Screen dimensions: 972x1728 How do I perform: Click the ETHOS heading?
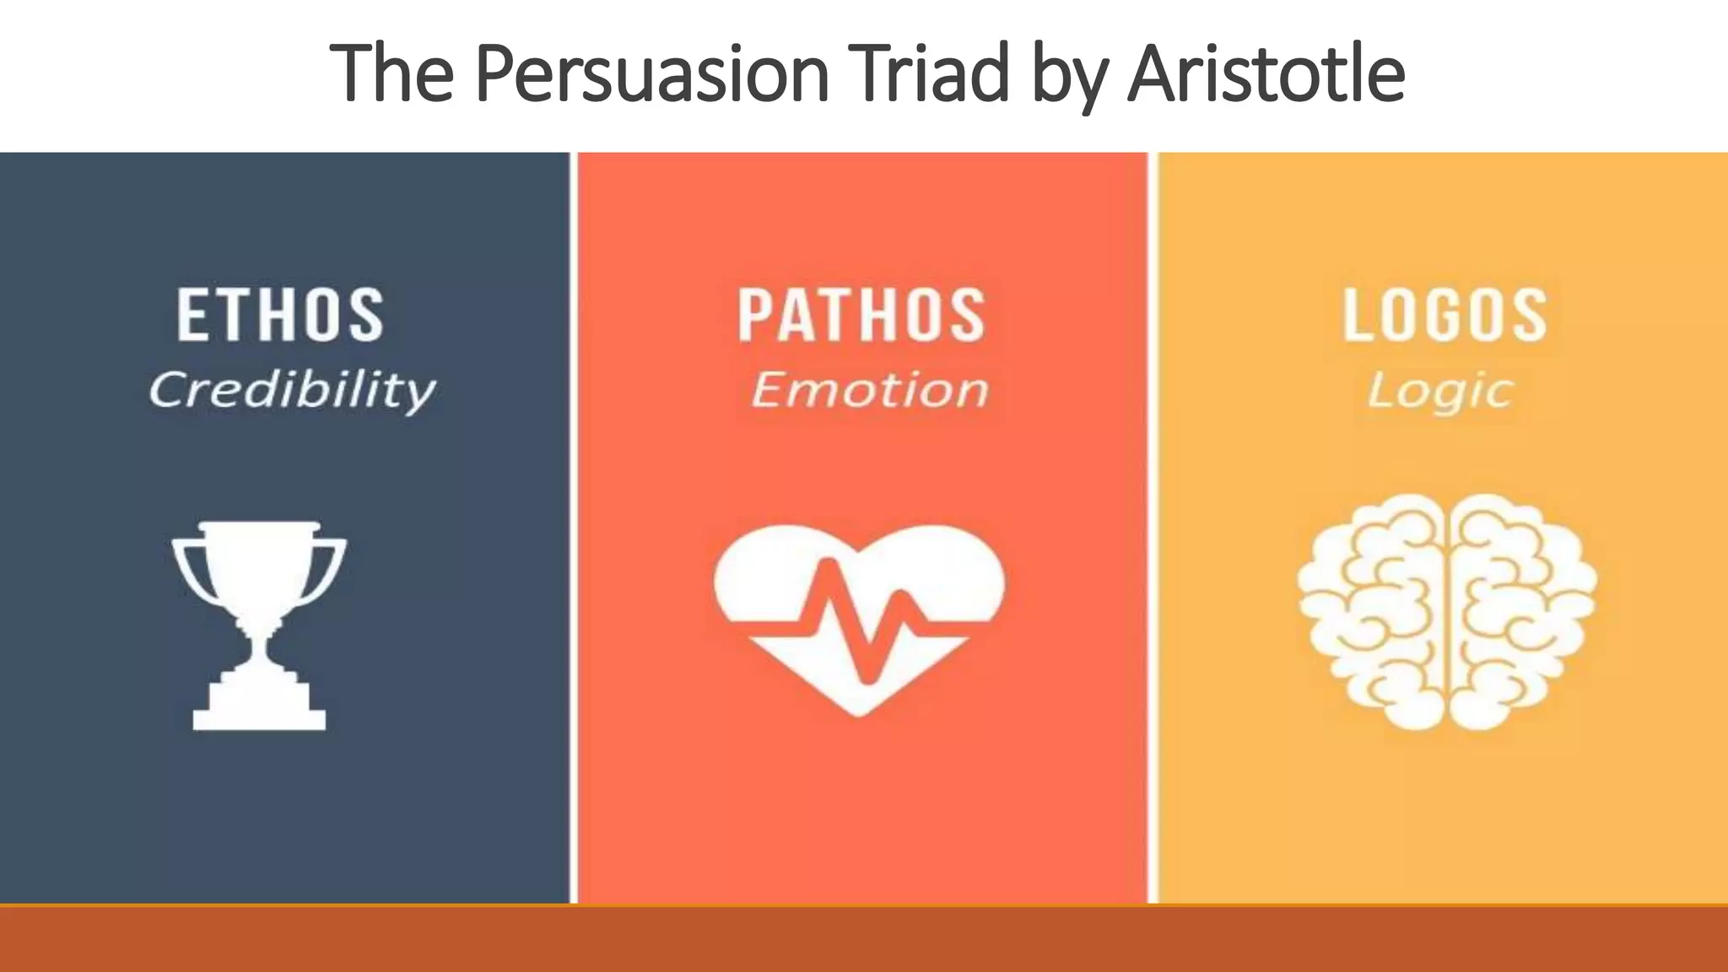tap(280, 315)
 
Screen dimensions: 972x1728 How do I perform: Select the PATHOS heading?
tap(861, 315)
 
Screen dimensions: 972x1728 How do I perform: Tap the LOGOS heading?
tap(1444, 315)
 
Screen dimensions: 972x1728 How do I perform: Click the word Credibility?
tap(292, 390)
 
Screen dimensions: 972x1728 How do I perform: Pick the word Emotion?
tap(869, 390)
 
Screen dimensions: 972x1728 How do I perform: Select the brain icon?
tap(1446, 611)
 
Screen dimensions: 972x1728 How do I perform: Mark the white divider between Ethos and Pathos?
tap(574, 527)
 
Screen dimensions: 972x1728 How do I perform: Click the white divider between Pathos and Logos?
tap(1153, 527)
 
